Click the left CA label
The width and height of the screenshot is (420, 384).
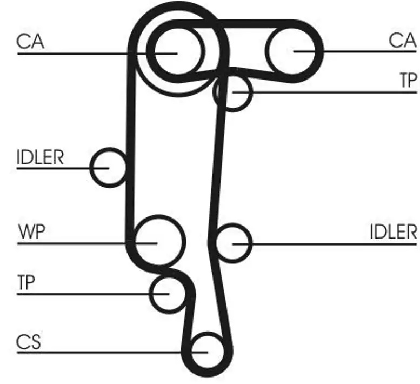point(30,42)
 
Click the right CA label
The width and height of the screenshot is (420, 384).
point(403,41)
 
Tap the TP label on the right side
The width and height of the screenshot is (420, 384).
point(409,81)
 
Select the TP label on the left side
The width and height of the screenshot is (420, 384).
point(26,283)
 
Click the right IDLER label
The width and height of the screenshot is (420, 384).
point(394,232)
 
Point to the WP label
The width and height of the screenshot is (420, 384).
point(31,232)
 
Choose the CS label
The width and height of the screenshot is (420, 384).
point(28,342)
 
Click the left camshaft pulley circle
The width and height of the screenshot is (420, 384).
point(177,51)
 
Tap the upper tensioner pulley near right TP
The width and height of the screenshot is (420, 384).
point(233,92)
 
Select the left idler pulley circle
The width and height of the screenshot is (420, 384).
point(109,167)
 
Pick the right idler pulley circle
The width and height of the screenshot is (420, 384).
point(234,243)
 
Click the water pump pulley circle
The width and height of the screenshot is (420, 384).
point(158,242)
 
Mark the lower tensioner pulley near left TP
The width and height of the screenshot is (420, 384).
point(168,293)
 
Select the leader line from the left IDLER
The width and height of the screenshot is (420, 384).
point(54,168)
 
